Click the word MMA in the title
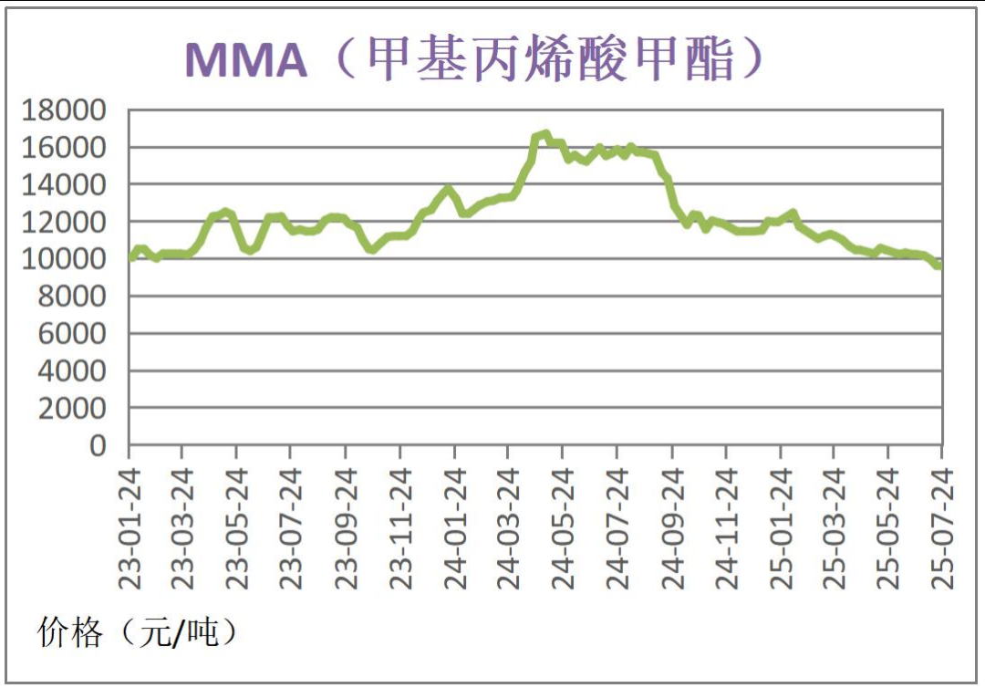[245, 59]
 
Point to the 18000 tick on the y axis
[64, 110]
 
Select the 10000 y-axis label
[64, 259]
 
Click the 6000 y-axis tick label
[73, 334]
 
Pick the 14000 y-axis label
[64, 185]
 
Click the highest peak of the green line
[545, 134]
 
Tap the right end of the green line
[938, 266]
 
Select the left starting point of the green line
[130, 258]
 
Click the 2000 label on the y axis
[73, 409]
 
